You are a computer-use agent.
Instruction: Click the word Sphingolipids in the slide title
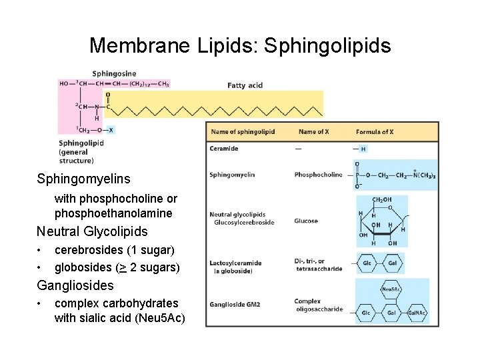tap(327, 45)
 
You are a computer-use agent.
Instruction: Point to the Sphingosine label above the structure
tap(114, 73)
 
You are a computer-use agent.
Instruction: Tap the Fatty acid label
tap(245, 85)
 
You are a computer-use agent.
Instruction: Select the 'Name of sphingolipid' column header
tap(243, 132)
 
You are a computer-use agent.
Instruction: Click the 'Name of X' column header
tap(313, 132)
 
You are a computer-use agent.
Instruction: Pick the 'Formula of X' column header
tap(375, 132)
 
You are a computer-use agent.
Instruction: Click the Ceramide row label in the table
tap(224, 149)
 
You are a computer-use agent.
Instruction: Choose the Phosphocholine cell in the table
tap(318, 175)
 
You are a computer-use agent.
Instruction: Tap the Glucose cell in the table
tap(306, 221)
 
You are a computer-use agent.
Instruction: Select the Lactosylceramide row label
tap(235, 263)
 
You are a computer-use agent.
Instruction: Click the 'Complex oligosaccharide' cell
tap(318, 305)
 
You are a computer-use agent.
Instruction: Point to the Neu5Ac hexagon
tap(391, 289)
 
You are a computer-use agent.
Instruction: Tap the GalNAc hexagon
tap(417, 313)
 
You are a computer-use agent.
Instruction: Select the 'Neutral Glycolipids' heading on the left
tap(92, 231)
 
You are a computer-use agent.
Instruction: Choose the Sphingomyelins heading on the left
tap(83, 179)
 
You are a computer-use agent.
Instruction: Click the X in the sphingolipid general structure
tap(111, 130)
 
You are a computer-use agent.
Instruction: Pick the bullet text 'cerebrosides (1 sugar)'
tap(115, 250)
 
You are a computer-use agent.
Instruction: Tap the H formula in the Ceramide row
tap(363, 149)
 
